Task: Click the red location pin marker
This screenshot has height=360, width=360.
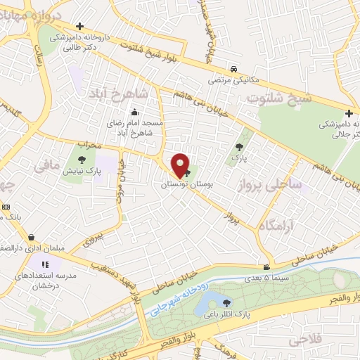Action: click(180, 166)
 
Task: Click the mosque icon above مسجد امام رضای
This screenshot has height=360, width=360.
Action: click(134, 112)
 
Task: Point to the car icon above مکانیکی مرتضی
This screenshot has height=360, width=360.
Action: click(233, 70)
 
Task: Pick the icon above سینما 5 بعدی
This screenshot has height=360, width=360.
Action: click(266, 267)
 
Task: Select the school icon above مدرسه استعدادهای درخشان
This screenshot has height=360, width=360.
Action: click(46, 264)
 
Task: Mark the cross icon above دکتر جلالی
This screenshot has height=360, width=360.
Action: click(349, 114)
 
